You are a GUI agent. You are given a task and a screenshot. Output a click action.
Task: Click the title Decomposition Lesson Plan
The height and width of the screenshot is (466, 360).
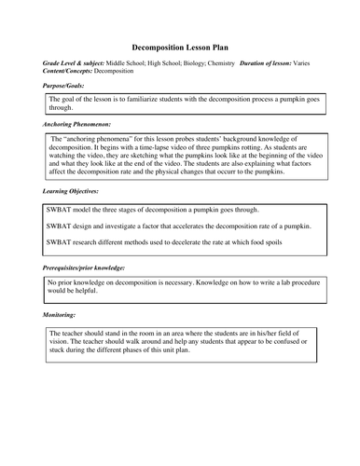[x=179, y=45]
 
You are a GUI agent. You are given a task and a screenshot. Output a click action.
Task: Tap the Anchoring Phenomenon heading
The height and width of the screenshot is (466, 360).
[x=77, y=123]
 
